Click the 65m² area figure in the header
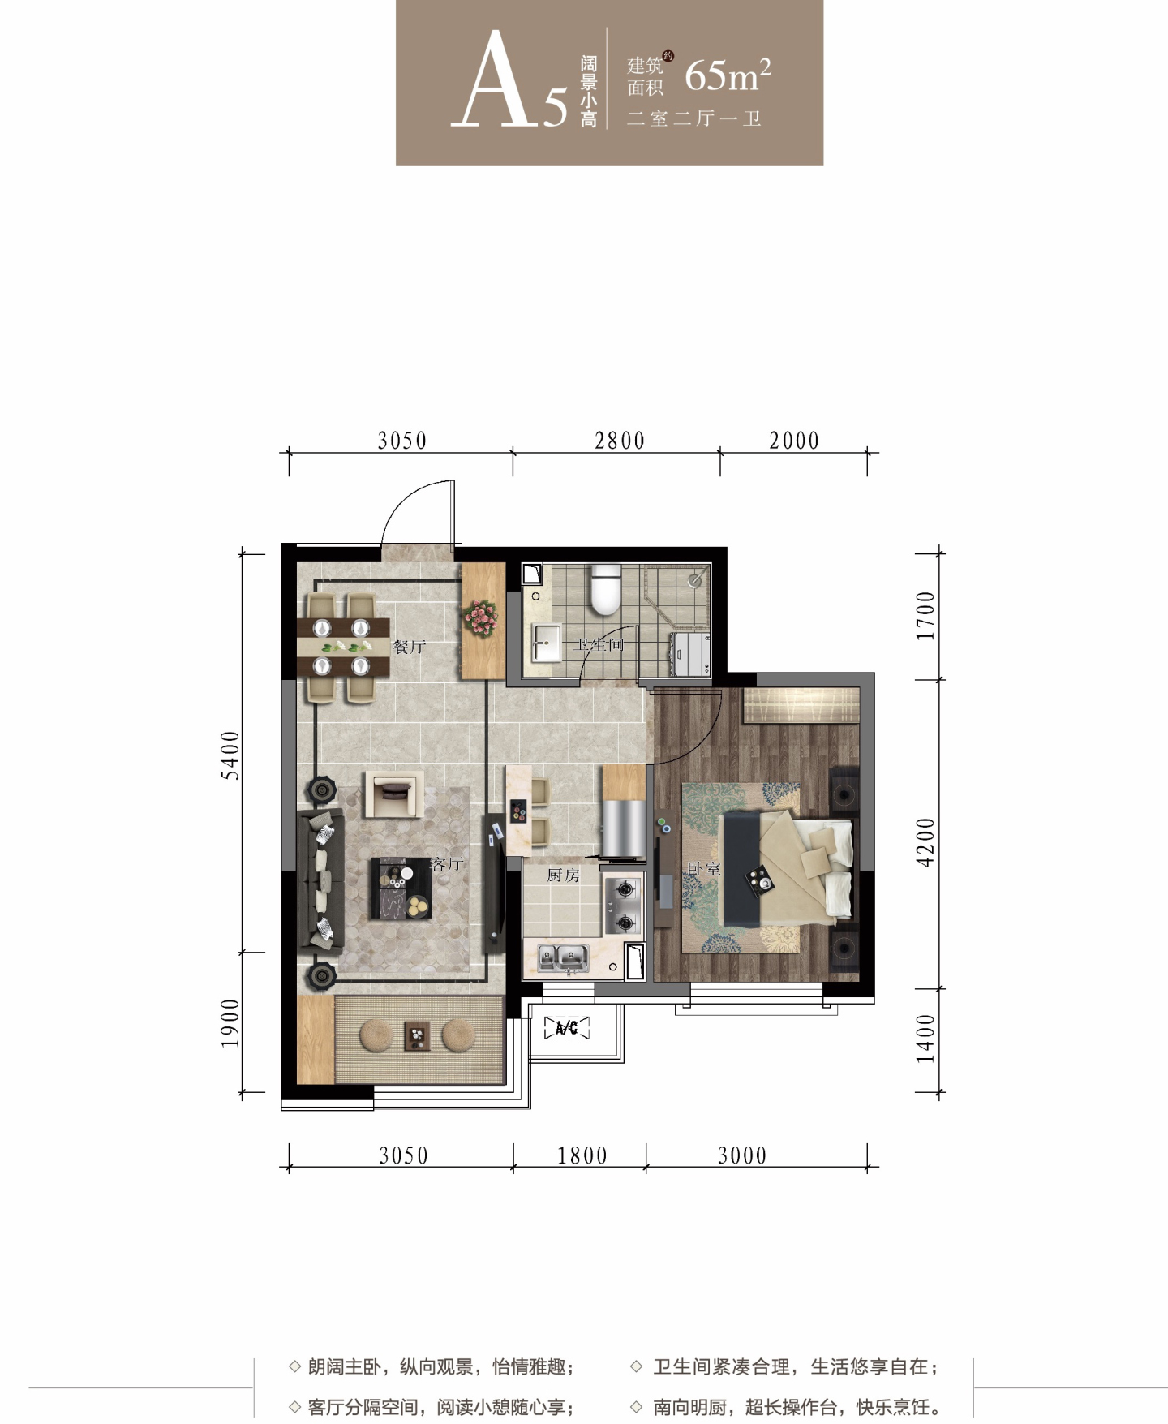[728, 75]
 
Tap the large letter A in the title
[496, 81]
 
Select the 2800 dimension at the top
[620, 441]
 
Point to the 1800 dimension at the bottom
[582, 1155]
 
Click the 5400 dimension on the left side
[231, 755]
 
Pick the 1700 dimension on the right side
[925, 616]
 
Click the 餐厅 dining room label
[409, 647]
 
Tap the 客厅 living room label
[447, 863]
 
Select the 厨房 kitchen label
[563, 875]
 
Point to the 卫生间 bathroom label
[599, 645]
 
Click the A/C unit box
[566, 1028]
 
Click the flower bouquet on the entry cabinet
[482, 618]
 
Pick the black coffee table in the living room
[401, 888]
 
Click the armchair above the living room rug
[393, 794]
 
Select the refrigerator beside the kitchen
[623, 828]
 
